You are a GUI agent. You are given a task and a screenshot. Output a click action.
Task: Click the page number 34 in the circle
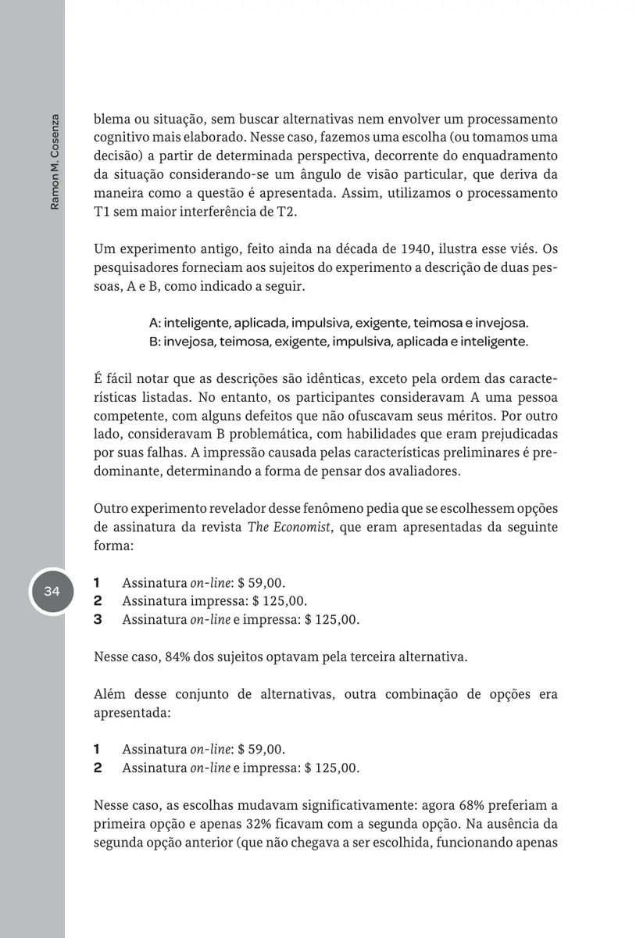click(x=52, y=592)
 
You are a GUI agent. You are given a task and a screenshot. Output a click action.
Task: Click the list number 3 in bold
click(x=98, y=620)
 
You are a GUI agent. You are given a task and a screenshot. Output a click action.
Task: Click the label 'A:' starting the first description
click(x=155, y=322)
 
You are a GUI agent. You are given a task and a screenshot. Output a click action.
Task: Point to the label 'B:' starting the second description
click(x=155, y=341)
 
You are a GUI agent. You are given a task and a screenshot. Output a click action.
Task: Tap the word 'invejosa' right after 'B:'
click(x=189, y=341)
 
